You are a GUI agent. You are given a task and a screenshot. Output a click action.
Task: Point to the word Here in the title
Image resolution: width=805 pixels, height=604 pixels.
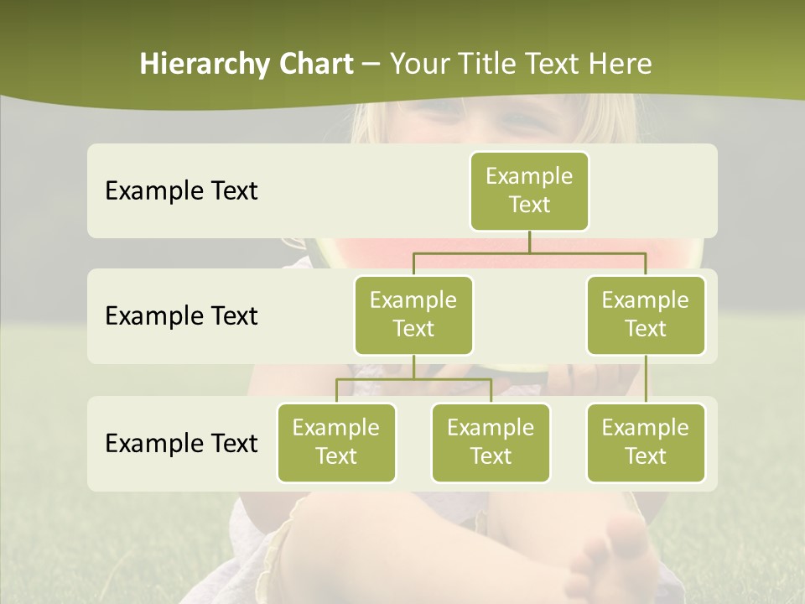[x=620, y=65]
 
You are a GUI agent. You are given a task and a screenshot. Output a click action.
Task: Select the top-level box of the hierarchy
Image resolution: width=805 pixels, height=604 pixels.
[x=529, y=191]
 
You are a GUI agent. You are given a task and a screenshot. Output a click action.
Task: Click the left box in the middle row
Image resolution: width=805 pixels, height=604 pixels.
[x=413, y=315]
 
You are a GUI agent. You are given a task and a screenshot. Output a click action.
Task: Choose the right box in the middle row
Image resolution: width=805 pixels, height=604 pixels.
[x=646, y=315]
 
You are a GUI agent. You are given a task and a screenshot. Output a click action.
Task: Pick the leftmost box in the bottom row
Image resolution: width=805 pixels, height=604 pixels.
[x=336, y=443]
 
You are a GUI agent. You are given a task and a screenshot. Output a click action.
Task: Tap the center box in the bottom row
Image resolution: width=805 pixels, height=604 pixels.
[x=491, y=443]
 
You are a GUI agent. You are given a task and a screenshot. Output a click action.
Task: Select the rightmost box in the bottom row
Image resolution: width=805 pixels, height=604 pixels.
[x=646, y=443]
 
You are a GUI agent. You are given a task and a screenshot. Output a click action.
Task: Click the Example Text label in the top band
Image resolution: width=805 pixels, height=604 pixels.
[x=181, y=191]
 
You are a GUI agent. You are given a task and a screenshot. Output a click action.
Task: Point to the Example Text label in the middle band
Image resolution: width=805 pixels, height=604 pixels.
[x=181, y=316]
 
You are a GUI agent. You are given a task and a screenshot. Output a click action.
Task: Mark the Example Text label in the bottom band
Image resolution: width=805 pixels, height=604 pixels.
[x=181, y=443]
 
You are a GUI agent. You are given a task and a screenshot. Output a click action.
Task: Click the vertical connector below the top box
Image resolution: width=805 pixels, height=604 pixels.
[x=529, y=242]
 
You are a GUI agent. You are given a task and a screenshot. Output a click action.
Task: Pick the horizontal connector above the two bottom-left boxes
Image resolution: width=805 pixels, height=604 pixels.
[x=413, y=379]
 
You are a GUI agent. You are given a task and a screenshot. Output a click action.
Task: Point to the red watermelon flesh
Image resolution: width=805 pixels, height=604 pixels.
[x=394, y=252]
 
